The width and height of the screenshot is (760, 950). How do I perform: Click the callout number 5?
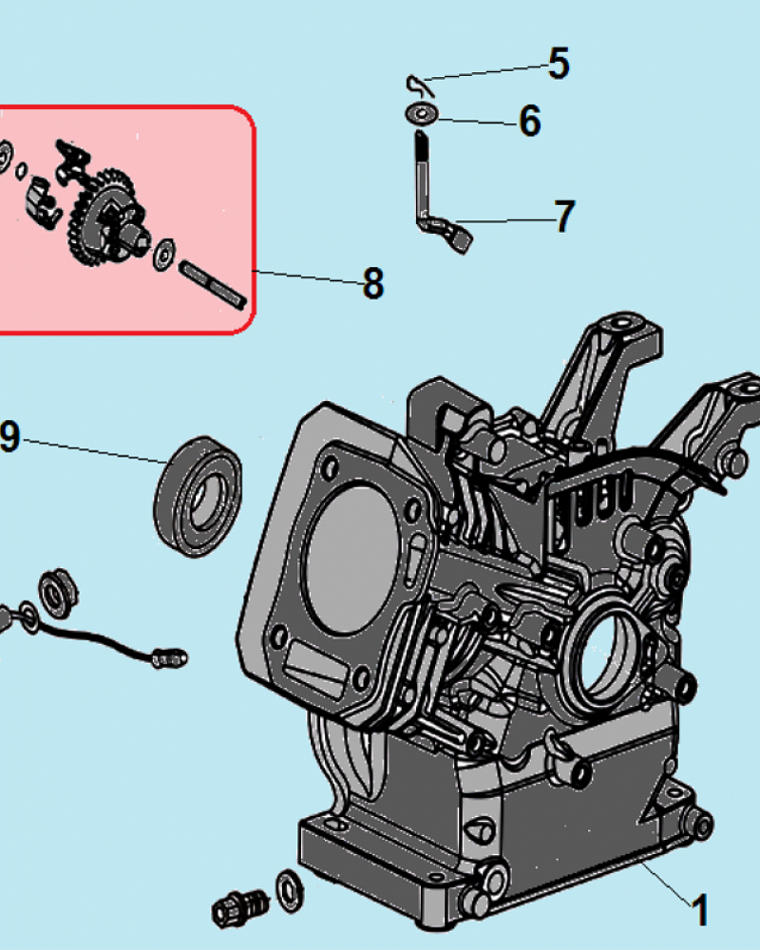559,64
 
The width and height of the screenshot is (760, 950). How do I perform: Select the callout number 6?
530,121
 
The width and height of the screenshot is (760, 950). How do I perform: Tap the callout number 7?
565,217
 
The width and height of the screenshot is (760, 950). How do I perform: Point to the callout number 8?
373,283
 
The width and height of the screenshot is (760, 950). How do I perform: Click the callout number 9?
9,436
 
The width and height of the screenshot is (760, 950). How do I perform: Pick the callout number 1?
700,910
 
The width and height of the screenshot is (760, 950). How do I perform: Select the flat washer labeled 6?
422,113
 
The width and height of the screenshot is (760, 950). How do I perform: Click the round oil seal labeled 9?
199,496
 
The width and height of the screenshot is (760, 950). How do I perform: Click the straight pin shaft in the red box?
213,285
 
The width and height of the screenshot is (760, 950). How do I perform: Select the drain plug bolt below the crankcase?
240,908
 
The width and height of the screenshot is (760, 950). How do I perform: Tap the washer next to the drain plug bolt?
290,890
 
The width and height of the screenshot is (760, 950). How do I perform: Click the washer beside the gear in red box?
163,255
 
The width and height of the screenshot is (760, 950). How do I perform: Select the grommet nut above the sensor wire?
58,593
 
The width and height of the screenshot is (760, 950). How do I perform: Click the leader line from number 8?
308,276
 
